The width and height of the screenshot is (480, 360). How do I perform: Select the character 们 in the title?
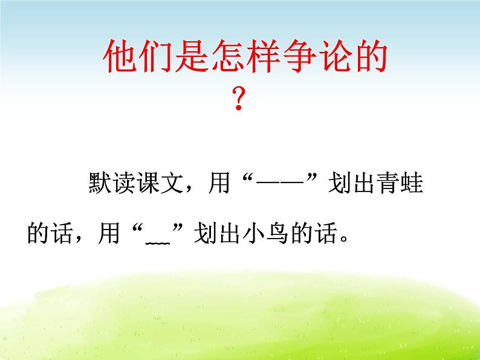(155, 59)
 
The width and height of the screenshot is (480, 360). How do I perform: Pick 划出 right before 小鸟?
(215, 234)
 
